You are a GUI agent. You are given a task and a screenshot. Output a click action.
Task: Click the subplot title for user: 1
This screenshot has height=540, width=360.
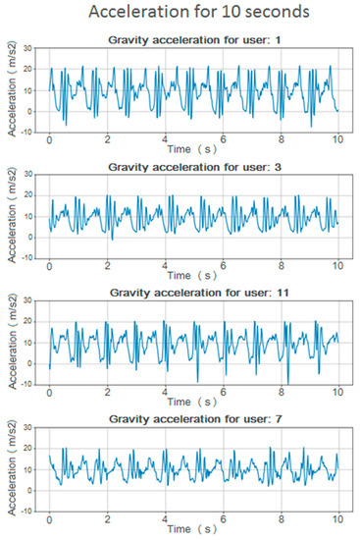pyautogui.click(x=194, y=38)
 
